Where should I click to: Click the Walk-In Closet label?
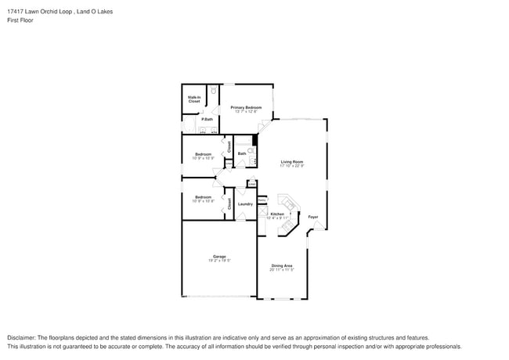(x=193, y=99)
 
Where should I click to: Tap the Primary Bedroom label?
(x=246, y=107)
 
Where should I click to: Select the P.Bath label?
(x=207, y=119)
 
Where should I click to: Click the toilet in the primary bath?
(x=212, y=91)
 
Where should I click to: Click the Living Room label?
(x=292, y=162)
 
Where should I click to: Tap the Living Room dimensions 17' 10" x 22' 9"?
(x=292, y=167)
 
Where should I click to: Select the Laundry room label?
(x=245, y=204)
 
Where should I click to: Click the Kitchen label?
(x=277, y=214)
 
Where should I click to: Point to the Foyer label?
(x=312, y=217)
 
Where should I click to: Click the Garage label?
(x=219, y=256)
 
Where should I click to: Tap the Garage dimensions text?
(x=219, y=261)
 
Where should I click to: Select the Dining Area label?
(x=282, y=265)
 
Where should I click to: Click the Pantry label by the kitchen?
(x=262, y=200)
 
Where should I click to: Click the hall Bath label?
(x=242, y=154)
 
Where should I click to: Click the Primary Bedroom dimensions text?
(x=246, y=112)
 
